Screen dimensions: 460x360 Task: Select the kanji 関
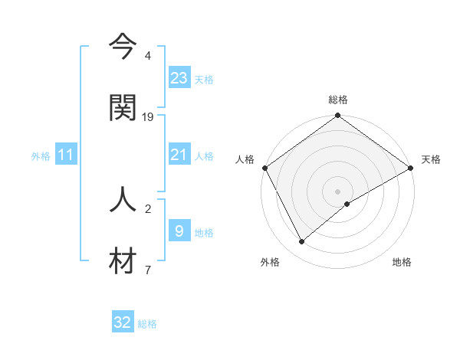[123, 108]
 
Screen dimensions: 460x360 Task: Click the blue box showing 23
[179, 77]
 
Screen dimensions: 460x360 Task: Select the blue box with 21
[179, 155]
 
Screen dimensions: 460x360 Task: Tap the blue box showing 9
[179, 231]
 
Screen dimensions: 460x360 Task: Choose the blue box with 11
[66, 155]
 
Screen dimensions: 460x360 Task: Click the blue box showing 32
[123, 322]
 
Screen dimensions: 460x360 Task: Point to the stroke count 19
[149, 116]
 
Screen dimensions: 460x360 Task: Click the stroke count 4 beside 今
[148, 56]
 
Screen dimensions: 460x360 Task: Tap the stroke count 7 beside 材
[148, 270]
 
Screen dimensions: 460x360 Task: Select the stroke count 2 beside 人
[148, 208]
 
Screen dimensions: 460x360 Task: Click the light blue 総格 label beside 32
[147, 324]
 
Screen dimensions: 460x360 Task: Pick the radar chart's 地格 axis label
[402, 262]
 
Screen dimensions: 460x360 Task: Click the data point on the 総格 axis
[337, 116]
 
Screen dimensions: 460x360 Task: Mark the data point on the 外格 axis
[302, 241]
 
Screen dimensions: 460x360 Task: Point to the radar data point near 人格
[264, 168]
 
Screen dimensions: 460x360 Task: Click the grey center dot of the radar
[337, 191]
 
